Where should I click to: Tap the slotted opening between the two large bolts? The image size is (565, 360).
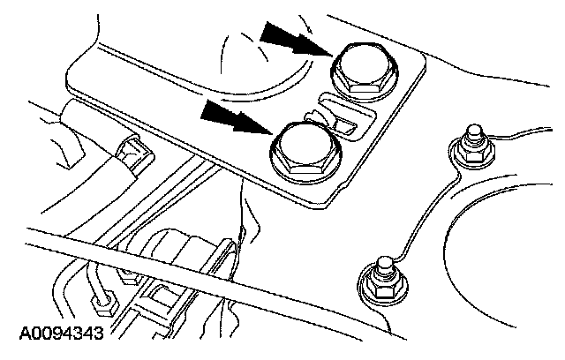(340, 120)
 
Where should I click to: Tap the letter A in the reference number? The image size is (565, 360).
(19, 335)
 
